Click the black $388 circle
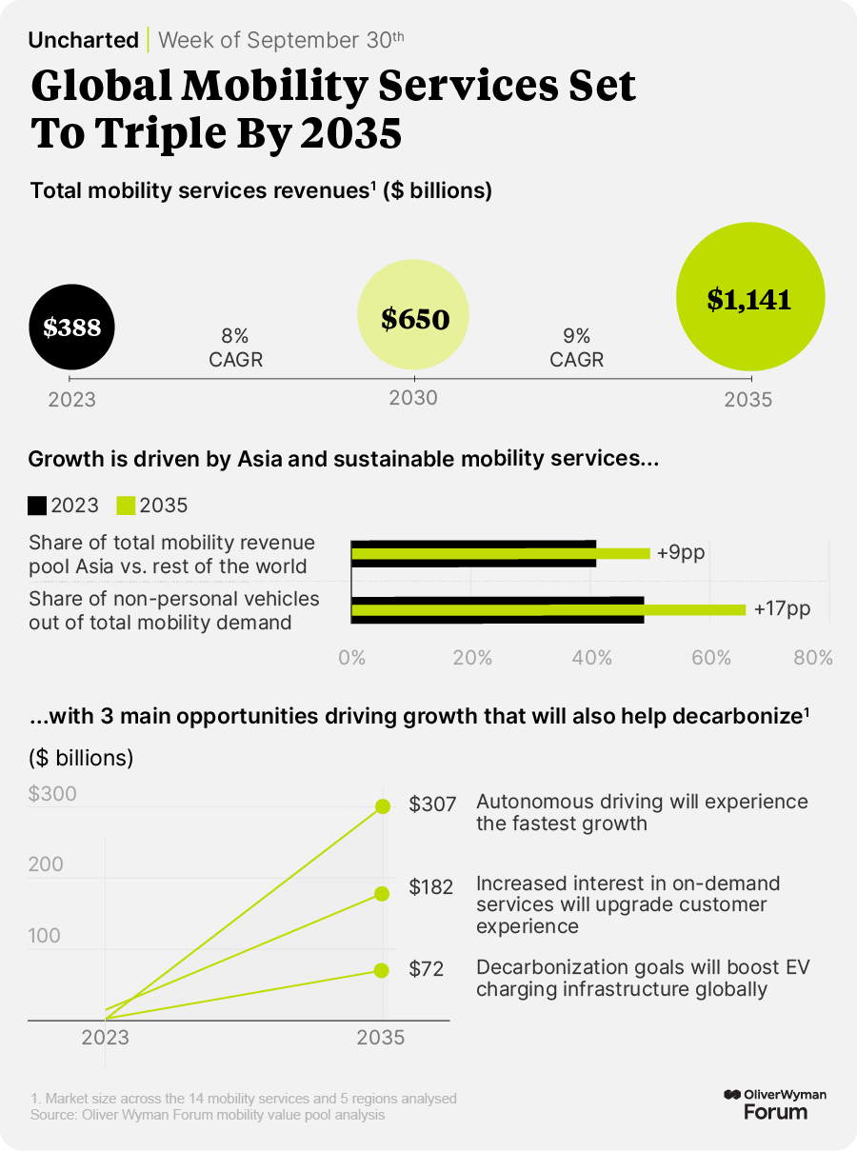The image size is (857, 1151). pos(72,327)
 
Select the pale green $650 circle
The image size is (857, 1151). pos(414,318)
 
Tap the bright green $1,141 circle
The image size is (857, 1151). pos(748,299)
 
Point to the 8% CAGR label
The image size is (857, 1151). pos(235,347)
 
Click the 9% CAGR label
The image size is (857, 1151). pos(577,347)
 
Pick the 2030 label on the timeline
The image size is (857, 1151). pos(413,398)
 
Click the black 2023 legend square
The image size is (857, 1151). pos(38,506)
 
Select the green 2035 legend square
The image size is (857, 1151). pos(126,506)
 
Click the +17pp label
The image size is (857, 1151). pos(782,608)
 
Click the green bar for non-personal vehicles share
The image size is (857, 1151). pos(548,609)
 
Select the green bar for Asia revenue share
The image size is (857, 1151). pos(501,553)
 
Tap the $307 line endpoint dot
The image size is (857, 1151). pos(383,806)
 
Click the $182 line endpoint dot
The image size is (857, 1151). pos(382,893)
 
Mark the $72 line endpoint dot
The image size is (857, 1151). pos(382,970)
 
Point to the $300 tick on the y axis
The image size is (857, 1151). pos(52,794)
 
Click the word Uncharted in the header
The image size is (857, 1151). pos(83,40)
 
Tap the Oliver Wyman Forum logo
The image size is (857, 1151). pos(774,1104)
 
